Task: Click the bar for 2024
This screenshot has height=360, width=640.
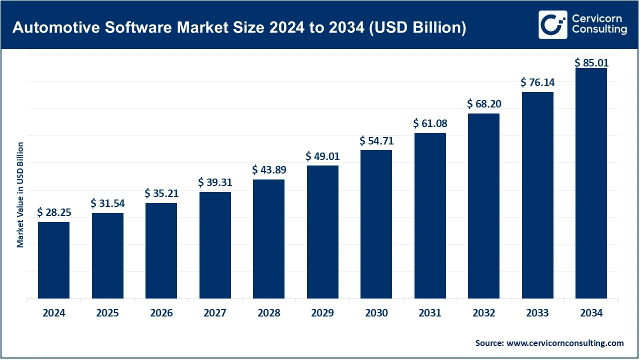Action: pyautogui.click(x=53, y=260)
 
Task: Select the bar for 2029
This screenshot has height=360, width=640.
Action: pyautogui.click(x=322, y=232)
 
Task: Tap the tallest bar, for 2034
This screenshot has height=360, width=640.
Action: pyautogui.click(x=591, y=183)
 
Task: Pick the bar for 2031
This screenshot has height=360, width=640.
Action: pyautogui.click(x=430, y=215)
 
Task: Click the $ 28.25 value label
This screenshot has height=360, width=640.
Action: pyautogui.click(x=54, y=212)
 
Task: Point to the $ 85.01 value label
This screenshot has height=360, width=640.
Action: pyautogui.click(x=591, y=63)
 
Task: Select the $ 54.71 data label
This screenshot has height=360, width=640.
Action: pyautogui.click(x=376, y=141)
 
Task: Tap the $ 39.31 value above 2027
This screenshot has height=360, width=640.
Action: pyautogui.click(x=215, y=183)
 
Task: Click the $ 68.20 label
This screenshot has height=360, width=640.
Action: pyautogui.click(x=484, y=104)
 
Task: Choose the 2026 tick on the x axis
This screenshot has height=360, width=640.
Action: pyautogui.click(x=161, y=313)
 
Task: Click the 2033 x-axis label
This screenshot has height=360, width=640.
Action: pyautogui.click(x=537, y=313)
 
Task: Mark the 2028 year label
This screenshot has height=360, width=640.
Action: pyautogui.click(x=269, y=313)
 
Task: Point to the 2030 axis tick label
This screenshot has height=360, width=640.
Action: pyautogui.click(x=376, y=313)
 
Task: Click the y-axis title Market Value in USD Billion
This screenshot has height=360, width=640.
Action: pyautogui.click(x=20, y=194)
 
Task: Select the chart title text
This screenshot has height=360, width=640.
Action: pyautogui.click(x=239, y=27)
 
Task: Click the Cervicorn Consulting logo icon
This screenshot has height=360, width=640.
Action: pyautogui.click(x=552, y=24)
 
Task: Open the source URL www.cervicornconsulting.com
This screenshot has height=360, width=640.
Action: pyautogui.click(x=565, y=343)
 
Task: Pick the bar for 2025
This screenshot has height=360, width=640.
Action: pyautogui.click(x=107, y=255)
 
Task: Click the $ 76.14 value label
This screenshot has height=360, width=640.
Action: pyautogui.click(x=537, y=82)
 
